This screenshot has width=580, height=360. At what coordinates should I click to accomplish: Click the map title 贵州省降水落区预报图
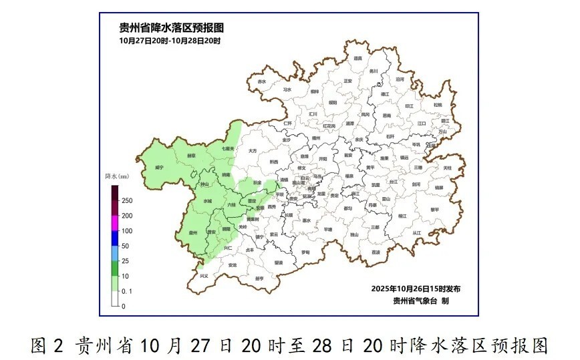coord(171,27)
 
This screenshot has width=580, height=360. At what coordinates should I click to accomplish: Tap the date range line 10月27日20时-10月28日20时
coord(170,41)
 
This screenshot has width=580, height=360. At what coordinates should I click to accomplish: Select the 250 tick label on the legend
coord(126,200)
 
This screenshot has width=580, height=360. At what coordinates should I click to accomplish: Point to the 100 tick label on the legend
coord(126,230)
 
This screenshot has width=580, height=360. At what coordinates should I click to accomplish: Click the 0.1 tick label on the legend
coord(127,291)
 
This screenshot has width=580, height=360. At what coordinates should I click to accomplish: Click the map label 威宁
coord(159,167)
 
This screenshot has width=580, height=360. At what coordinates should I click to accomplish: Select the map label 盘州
coord(194,232)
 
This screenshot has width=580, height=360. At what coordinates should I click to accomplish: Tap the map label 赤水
coord(261,81)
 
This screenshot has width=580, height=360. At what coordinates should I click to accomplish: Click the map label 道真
coord(357,58)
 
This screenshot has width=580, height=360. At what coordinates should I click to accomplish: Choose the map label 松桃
coord(437,104)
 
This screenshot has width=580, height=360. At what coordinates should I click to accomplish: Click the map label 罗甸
coord(305,252)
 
